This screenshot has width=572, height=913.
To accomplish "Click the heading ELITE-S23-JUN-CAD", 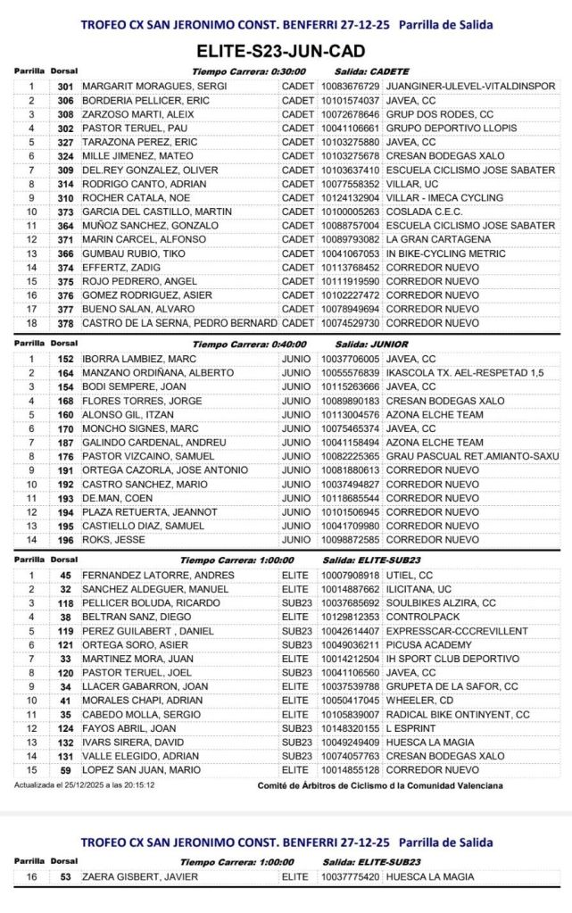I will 286,53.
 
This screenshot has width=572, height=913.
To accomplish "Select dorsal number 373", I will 64,212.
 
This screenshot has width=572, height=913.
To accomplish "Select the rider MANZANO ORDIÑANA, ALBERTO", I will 152,373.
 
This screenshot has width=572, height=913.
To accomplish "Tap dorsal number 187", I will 64,443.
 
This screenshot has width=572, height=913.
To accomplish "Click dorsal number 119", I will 64,631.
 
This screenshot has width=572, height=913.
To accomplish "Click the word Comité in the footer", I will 274,785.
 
